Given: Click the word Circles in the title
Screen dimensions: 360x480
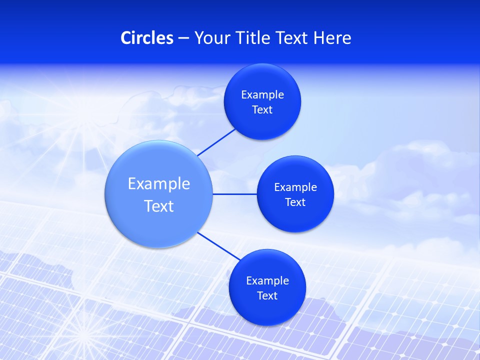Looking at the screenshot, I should tap(147, 38).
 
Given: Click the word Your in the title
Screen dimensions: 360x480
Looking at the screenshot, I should tap(210, 38).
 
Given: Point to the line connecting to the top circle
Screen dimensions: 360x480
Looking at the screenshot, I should tap(216, 142).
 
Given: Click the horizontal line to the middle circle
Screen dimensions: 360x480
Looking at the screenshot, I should tap(235, 194).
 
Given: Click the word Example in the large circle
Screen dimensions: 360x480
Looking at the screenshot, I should tap(159, 184).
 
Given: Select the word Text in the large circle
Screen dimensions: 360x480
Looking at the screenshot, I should tap(159, 206).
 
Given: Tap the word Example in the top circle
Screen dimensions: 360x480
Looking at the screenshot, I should tap(262, 95).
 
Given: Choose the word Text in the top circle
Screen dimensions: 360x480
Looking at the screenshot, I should tap(262, 110).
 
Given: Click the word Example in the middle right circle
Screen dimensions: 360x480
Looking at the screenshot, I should tap(295, 187).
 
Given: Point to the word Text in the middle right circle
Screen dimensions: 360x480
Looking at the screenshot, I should tap(295, 202).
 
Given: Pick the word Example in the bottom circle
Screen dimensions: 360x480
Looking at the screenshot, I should tap(267, 281).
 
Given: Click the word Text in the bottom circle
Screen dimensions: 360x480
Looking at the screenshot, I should tap(267, 296).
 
